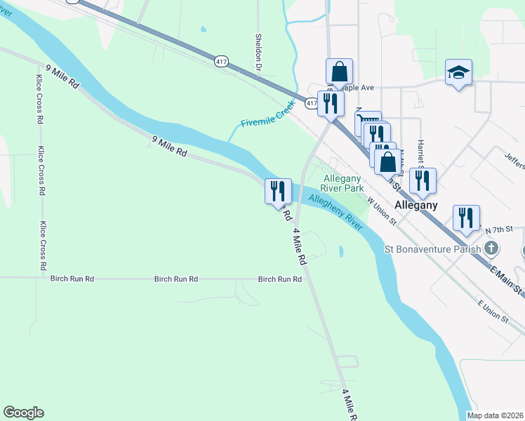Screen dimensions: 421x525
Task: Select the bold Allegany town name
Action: [416, 206]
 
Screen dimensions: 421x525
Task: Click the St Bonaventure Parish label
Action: [432, 248]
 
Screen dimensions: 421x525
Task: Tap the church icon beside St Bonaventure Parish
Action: [492, 248]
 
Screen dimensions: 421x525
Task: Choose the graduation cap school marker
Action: [458, 72]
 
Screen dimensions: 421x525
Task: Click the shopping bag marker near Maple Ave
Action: [339, 72]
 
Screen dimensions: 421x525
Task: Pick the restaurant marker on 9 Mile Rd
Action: [278, 191]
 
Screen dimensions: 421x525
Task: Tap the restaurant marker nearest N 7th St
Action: [466, 218]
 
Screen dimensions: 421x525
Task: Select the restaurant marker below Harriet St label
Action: [423, 180]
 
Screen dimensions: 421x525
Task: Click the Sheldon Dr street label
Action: [258, 53]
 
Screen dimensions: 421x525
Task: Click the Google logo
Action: [23, 413]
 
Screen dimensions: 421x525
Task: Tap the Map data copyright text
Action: [495, 415]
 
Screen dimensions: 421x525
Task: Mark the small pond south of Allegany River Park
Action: [340, 250]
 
